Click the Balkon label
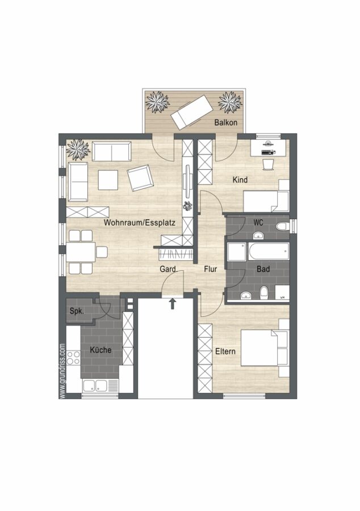(x=225, y=123)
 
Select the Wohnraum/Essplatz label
(x=140, y=223)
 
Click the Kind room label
(x=240, y=179)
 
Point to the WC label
(x=258, y=222)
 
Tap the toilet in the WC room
(x=282, y=226)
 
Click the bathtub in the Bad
(x=269, y=252)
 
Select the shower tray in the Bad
(x=237, y=252)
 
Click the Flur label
(x=211, y=269)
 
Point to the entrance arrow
(x=173, y=303)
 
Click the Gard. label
(x=169, y=269)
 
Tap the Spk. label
(x=77, y=311)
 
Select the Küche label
(x=101, y=350)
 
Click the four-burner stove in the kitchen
(x=74, y=358)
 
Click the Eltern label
(x=225, y=351)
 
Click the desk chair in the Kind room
(x=269, y=164)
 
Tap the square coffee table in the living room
(x=108, y=180)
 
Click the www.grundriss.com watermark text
(x=62, y=371)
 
